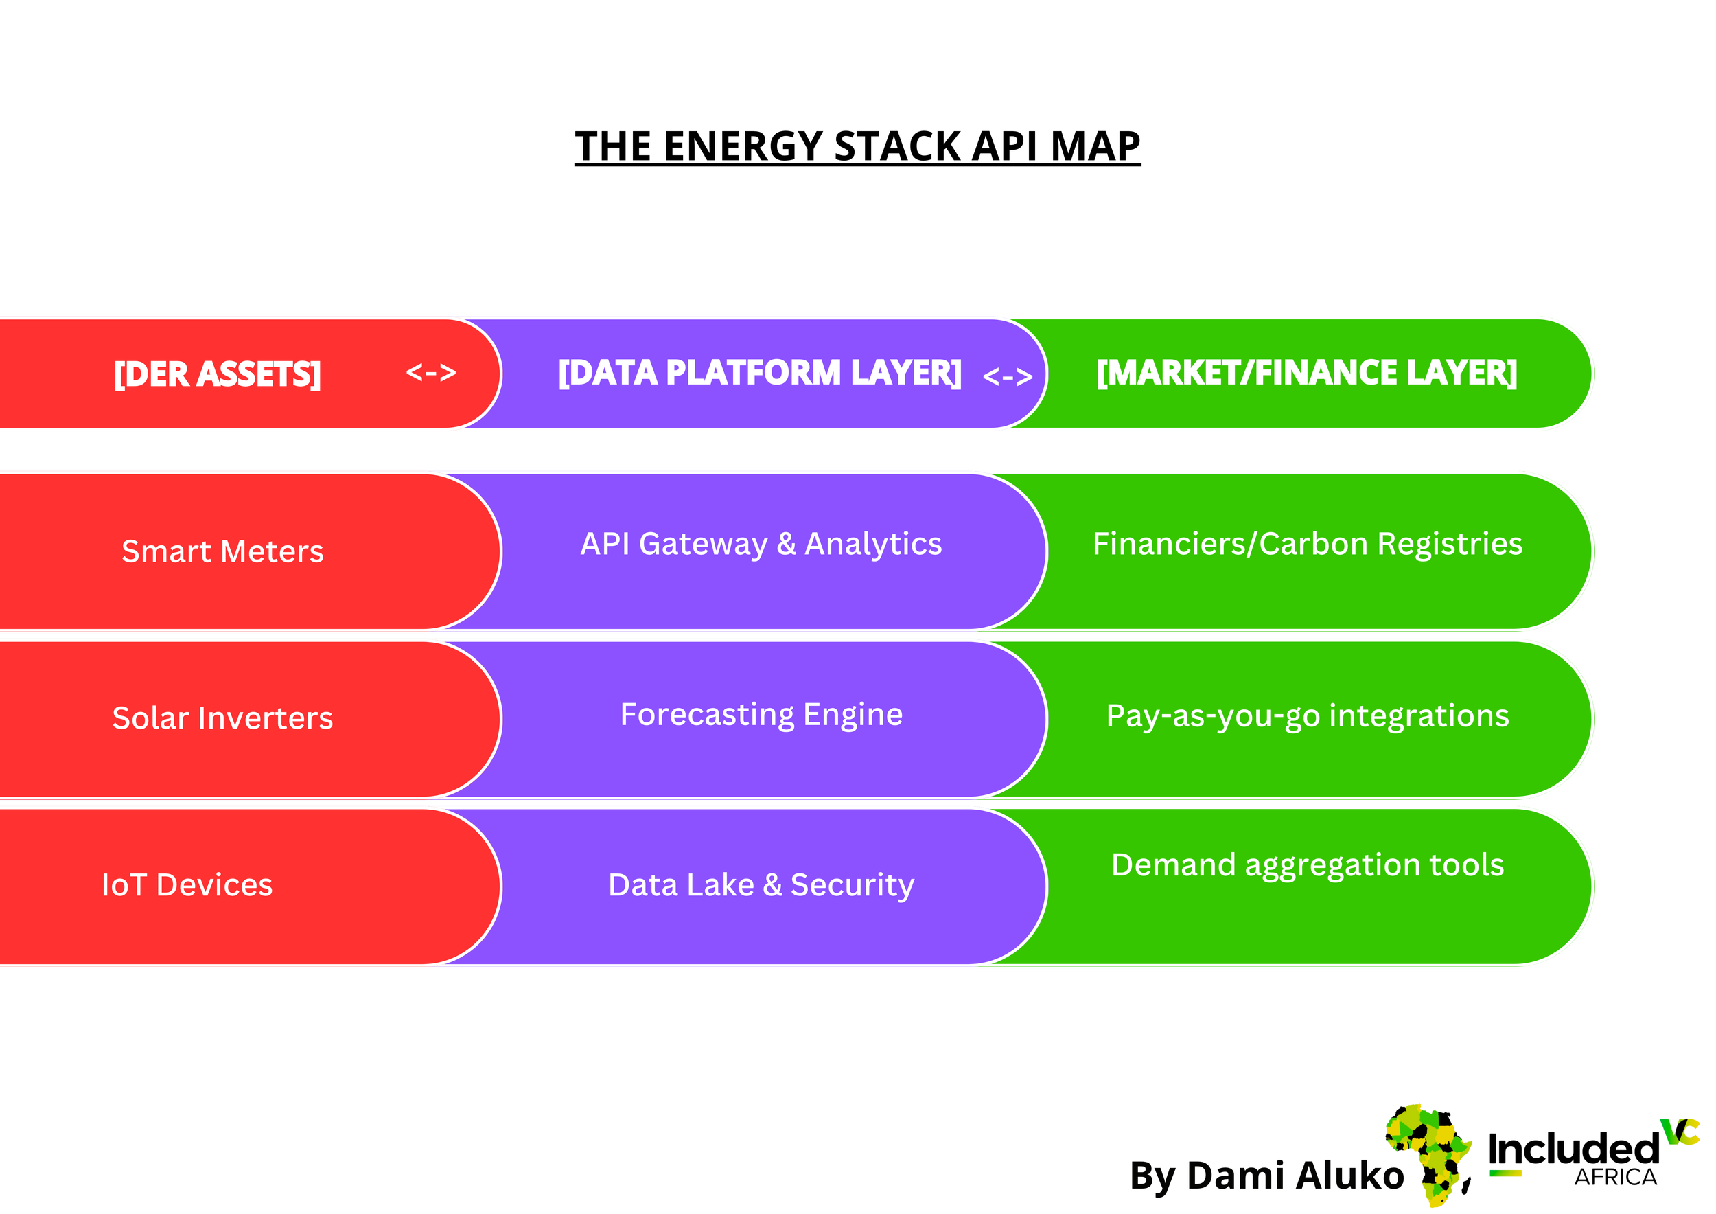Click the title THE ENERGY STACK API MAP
point(857,146)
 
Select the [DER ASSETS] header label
point(217,374)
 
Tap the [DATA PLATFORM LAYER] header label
point(759,372)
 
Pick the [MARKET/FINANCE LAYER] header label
point(1306,372)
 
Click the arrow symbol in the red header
point(430,372)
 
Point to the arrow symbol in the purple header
point(1008,376)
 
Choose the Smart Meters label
point(222,551)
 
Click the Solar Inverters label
point(222,718)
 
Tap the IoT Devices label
point(187,885)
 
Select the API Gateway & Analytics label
point(761,545)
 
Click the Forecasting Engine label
point(761,715)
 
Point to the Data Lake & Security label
point(761,885)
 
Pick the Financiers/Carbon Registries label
point(1307,545)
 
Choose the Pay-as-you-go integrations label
point(1307,716)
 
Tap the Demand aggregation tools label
point(1307,865)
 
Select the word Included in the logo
point(1573,1149)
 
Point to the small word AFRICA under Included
point(1615,1178)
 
